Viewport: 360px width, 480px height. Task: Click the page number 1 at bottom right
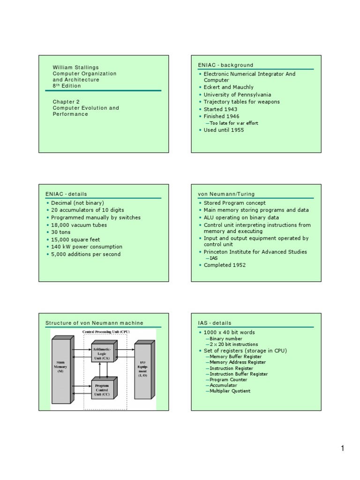(343, 449)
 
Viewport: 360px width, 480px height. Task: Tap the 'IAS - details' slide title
(215, 323)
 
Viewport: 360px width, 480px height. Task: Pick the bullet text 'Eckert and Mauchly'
(228, 87)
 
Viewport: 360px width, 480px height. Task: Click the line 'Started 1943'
(224, 109)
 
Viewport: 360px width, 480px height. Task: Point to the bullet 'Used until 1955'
(224, 130)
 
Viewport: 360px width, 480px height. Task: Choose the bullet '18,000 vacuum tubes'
(79, 225)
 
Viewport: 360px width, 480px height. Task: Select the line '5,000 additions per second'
(86, 254)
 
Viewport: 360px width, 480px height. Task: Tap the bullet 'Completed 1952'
(225, 265)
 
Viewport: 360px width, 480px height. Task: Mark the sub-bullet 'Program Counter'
(228, 380)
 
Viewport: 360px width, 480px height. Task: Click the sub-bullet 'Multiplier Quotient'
(230, 391)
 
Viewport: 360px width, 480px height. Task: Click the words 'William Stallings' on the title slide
(75, 67)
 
